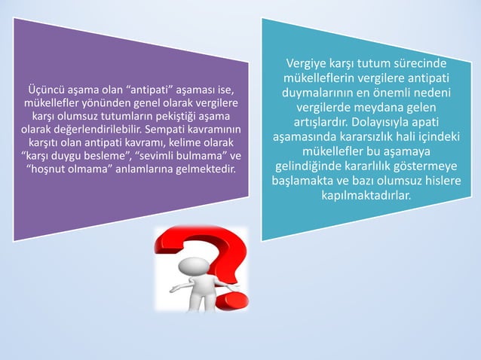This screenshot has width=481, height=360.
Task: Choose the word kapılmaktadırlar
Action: (366, 196)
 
